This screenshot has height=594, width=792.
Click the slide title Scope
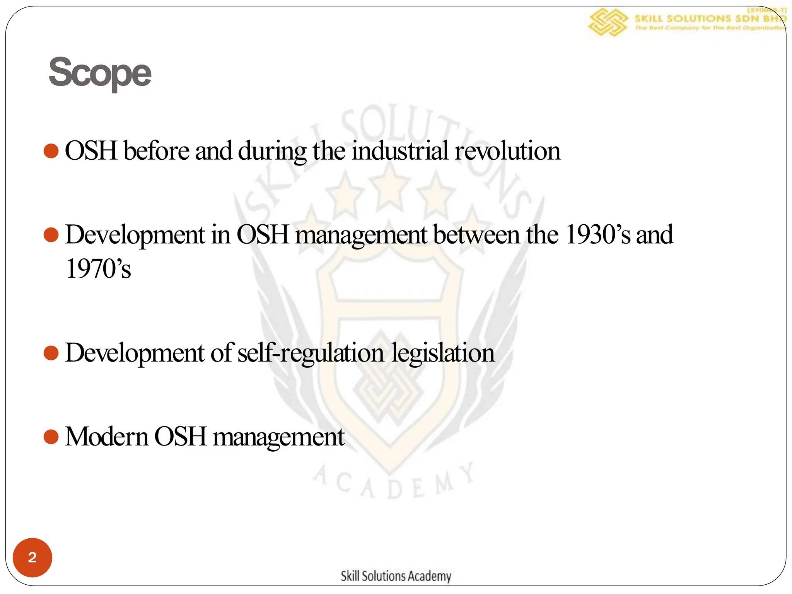point(100,72)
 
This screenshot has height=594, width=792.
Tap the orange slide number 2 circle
point(32,557)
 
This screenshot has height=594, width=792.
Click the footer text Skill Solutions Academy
point(396,576)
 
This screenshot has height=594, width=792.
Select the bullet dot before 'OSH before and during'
point(51,151)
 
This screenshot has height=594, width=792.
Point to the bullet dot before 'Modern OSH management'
point(51,437)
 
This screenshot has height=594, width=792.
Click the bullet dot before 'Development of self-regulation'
point(51,353)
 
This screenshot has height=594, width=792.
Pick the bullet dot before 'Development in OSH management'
point(51,235)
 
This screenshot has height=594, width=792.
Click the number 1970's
point(98,269)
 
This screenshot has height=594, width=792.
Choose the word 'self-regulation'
point(311,353)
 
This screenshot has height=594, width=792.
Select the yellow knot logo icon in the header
point(607,22)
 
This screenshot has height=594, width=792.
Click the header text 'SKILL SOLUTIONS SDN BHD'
point(710,18)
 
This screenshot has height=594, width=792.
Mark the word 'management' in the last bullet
point(278,437)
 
